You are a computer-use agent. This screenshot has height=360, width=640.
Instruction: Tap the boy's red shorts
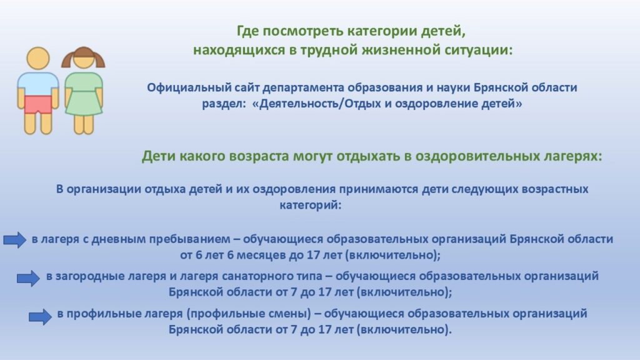[x=38, y=105]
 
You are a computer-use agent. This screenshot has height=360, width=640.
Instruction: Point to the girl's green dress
[x=84, y=94]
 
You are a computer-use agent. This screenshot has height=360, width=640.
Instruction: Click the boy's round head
[x=38, y=58]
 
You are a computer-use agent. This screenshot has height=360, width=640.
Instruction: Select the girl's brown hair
[x=83, y=56]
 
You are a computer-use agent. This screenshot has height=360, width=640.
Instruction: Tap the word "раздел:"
[x=224, y=104]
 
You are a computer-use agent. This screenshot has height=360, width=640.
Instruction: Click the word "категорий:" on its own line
[x=310, y=205]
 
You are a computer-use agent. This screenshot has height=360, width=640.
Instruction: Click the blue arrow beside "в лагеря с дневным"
[x=15, y=239]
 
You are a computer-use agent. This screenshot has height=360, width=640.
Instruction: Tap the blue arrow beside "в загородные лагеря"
[x=28, y=278]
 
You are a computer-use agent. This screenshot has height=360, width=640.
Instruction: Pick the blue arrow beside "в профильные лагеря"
[x=40, y=317]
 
